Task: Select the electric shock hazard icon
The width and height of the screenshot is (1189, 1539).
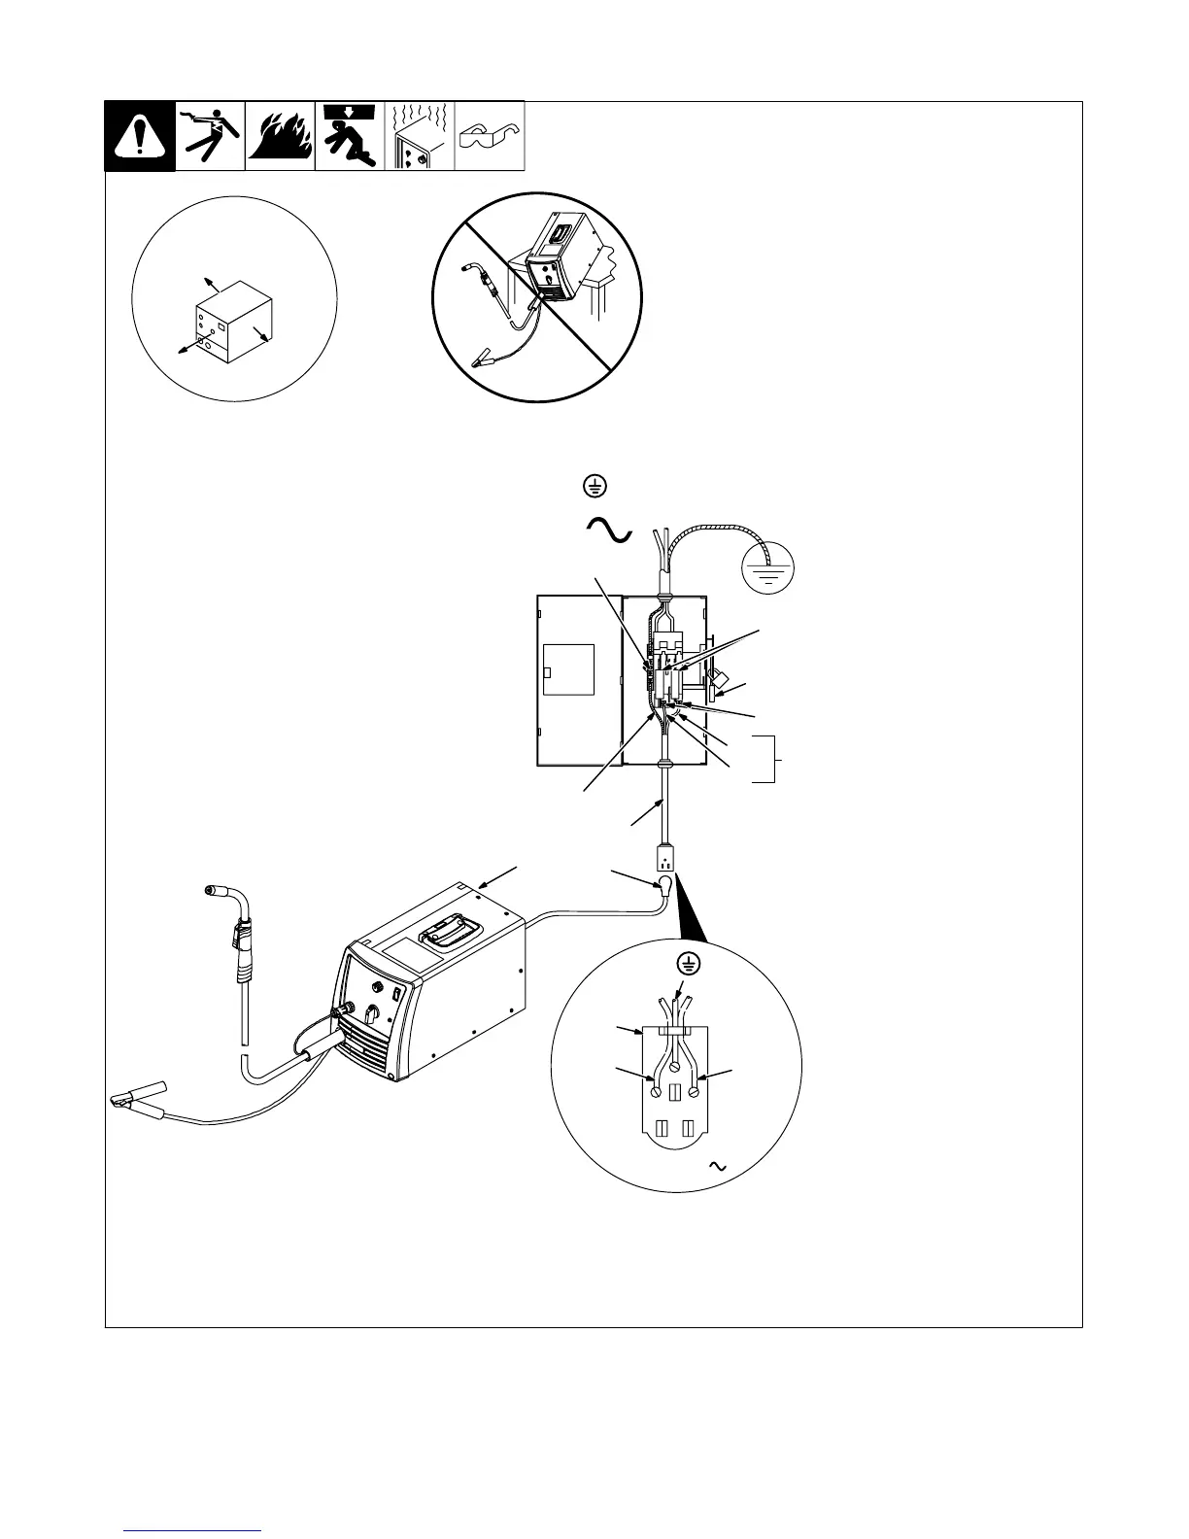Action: click(210, 136)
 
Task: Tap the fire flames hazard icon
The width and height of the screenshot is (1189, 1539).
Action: click(280, 136)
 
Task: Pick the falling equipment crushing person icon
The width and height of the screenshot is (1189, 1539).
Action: click(350, 136)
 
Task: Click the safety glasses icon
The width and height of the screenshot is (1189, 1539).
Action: click(490, 136)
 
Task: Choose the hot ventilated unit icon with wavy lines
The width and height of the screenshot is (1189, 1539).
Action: click(420, 136)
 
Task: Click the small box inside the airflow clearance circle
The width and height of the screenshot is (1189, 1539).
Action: click(234, 328)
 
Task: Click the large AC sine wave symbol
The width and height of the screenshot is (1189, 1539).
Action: click(609, 530)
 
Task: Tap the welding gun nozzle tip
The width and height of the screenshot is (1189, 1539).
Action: click(212, 889)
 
